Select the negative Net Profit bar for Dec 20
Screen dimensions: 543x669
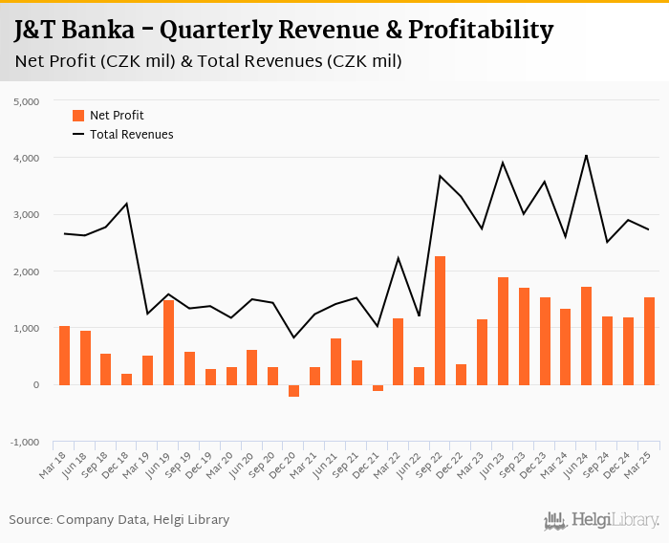tap(293, 391)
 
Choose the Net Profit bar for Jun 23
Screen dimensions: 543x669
tap(503, 331)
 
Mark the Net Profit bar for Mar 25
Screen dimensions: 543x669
tap(649, 341)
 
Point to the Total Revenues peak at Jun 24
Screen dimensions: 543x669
tap(586, 155)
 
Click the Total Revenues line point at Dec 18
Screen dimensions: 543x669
tap(127, 204)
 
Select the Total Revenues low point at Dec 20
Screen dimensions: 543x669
tap(293, 337)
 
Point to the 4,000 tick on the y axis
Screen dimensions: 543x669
tap(25, 158)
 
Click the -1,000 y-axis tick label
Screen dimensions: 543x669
tap(24, 443)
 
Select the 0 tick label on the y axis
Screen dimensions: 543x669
tap(34, 385)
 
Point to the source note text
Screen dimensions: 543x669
tap(119, 520)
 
